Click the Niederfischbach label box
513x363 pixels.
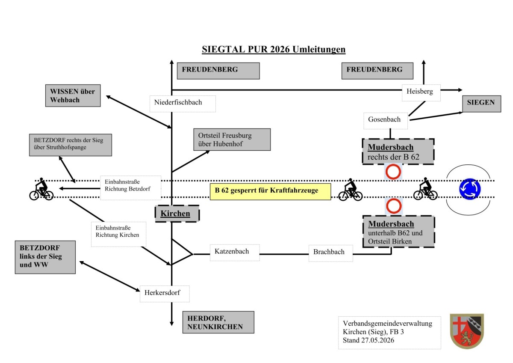coord(183,104)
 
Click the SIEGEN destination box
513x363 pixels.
coord(482,104)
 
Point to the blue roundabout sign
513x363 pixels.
coord(470,189)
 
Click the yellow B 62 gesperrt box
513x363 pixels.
coord(270,191)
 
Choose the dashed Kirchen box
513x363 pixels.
coord(177,214)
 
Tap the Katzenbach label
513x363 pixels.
coord(235,253)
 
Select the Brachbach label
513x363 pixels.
coord(331,253)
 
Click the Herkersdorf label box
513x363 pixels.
coord(165,294)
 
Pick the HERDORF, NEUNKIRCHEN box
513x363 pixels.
coord(218,322)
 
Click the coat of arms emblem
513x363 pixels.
coord(467,331)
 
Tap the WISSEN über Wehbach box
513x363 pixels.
coord(73,95)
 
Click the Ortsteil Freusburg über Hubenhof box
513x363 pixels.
coord(232,140)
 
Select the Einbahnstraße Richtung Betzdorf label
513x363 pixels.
coord(130,188)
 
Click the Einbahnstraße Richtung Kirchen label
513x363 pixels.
coord(118,234)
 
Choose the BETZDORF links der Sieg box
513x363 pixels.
coord(45,257)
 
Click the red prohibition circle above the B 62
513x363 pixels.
coord(393,172)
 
